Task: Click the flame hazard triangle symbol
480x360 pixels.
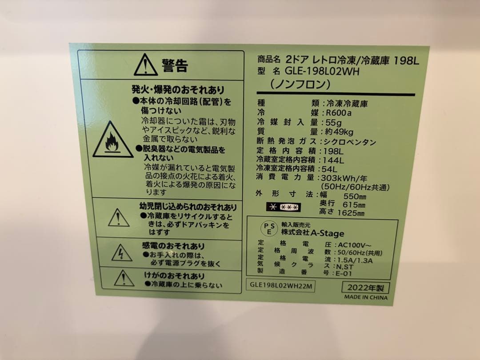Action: pyautogui.click(x=112, y=140)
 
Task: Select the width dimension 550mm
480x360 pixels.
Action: pyautogui.click(x=354, y=196)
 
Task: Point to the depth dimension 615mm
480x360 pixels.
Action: pyautogui.click(x=354, y=204)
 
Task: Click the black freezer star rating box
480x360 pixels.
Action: pyautogui.click(x=284, y=207)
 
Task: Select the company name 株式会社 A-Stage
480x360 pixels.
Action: pyautogui.click(x=312, y=233)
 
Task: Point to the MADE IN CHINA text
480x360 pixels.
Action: pyautogui.click(x=365, y=297)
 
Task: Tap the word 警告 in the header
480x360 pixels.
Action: pyautogui.click(x=175, y=66)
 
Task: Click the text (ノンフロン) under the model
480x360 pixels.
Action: pyautogui.click(x=300, y=84)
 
